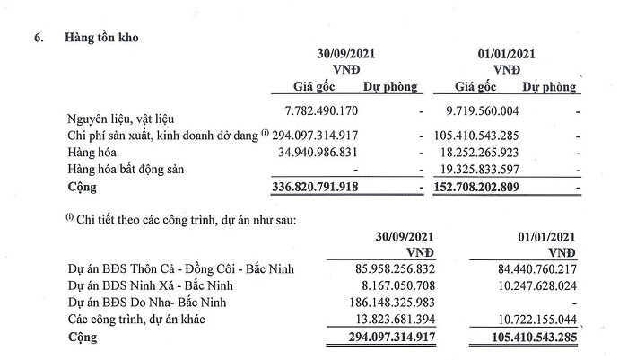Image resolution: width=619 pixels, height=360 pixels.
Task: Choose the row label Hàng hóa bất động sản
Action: (x=137, y=170)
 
